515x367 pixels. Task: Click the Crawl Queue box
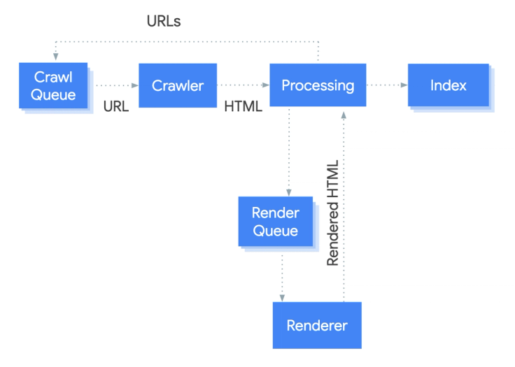[x=53, y=86]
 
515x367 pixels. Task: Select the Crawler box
[x=178, y=86]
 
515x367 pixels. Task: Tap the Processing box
[x=318, y=86]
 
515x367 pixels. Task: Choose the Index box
[x=449, y=86]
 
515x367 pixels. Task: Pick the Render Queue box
[x=275, y=222]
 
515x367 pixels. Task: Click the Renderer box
[x=317, y=325]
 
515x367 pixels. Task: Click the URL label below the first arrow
[x=115, y=108]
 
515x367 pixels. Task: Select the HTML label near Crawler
[x=244, y=108]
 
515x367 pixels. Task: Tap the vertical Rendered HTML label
[x=333, y=213]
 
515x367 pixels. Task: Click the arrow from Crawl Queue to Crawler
[x=113, y=86]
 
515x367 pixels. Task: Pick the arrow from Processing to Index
[x=387, y=86]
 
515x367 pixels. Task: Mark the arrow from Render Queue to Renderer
[x=282, y=276]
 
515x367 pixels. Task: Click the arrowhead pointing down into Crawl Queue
[x=54, y=59]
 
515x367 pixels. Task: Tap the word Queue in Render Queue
[x=275, y=231]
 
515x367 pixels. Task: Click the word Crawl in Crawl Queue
[x=53, y=78]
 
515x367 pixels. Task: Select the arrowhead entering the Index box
[x=405, y=86]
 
